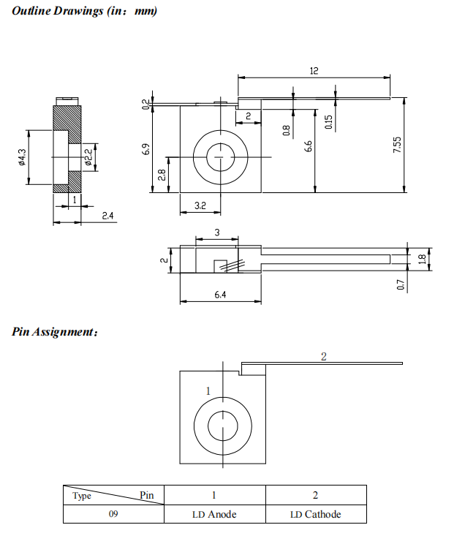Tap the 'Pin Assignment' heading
(x=55, y=332)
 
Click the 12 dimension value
(x=314, y=71)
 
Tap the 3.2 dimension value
(x=200, y=207)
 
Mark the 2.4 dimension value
(x=107, y=215)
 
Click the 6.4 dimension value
(x=220, y=295)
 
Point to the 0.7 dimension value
(x=401, y=284)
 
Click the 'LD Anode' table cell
(x=214, y=514)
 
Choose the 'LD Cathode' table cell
(x=315, y=514)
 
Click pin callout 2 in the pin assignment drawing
(x=323, y=356)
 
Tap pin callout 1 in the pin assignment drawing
(x=208, y=391)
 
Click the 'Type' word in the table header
(x=82, y=496)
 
